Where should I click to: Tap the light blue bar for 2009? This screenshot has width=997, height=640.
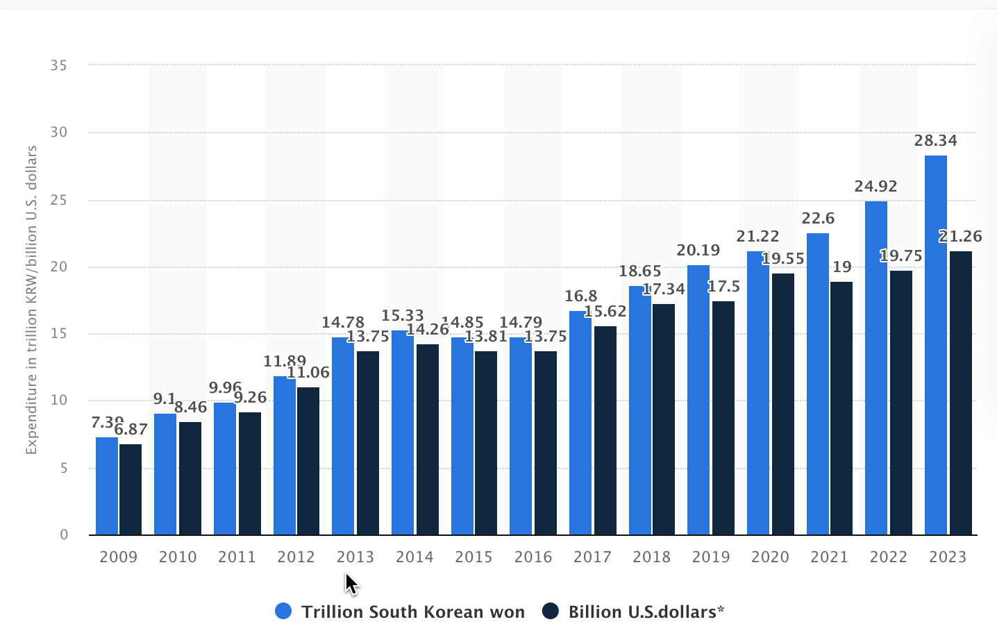pyautogui.click(x=106, y=486)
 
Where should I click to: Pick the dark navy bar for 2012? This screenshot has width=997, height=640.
pyautogui.click(x=308, y=461)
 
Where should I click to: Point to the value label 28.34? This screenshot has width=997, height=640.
pyautogui.click(x=935, y=141)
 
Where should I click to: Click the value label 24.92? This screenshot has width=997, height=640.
pyautogui.click(x=875, y=187)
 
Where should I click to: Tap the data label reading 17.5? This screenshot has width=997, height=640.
pyautogui.click(x=723, y=287)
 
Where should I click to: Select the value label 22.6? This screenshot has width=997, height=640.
pyautogui.click(x=818, y=219)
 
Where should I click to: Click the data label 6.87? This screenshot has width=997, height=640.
pyautogui.click(x=131, y=430)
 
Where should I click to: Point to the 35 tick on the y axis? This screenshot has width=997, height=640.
pyautogui.click(x=59, y=65)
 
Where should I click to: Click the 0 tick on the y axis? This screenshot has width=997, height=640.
pyautogui.click(x=64, y=534)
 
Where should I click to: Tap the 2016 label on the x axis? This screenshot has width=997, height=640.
pyautogui.click(x=533, y=557)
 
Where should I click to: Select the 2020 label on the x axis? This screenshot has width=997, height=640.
pyautogui.click(x=770, y=557)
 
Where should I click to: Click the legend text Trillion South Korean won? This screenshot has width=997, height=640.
pyautogui.click(x=412, y=612)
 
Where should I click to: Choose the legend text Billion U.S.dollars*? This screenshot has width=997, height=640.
pyautogui.click(x=646, y=612)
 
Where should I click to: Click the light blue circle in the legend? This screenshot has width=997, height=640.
pyautogui.click(x=283, y=612)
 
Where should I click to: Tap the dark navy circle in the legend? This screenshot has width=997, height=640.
pyautogui.click(x=551, y=612)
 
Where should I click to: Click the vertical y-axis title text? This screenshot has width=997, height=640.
pyautogui.click(x=31, y=300)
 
